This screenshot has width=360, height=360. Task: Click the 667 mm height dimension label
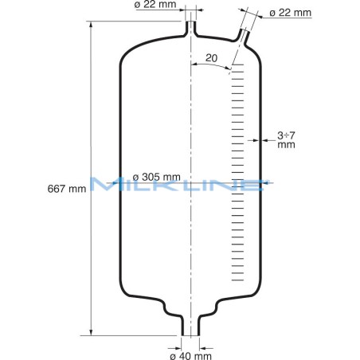67,189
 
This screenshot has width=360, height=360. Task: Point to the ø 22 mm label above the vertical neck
156,6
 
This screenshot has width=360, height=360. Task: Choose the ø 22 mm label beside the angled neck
292,12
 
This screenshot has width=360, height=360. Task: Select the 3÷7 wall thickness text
287,135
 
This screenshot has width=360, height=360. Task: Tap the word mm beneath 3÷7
286,146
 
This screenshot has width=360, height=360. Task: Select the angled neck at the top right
243,34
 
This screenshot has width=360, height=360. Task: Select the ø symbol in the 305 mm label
136,176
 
